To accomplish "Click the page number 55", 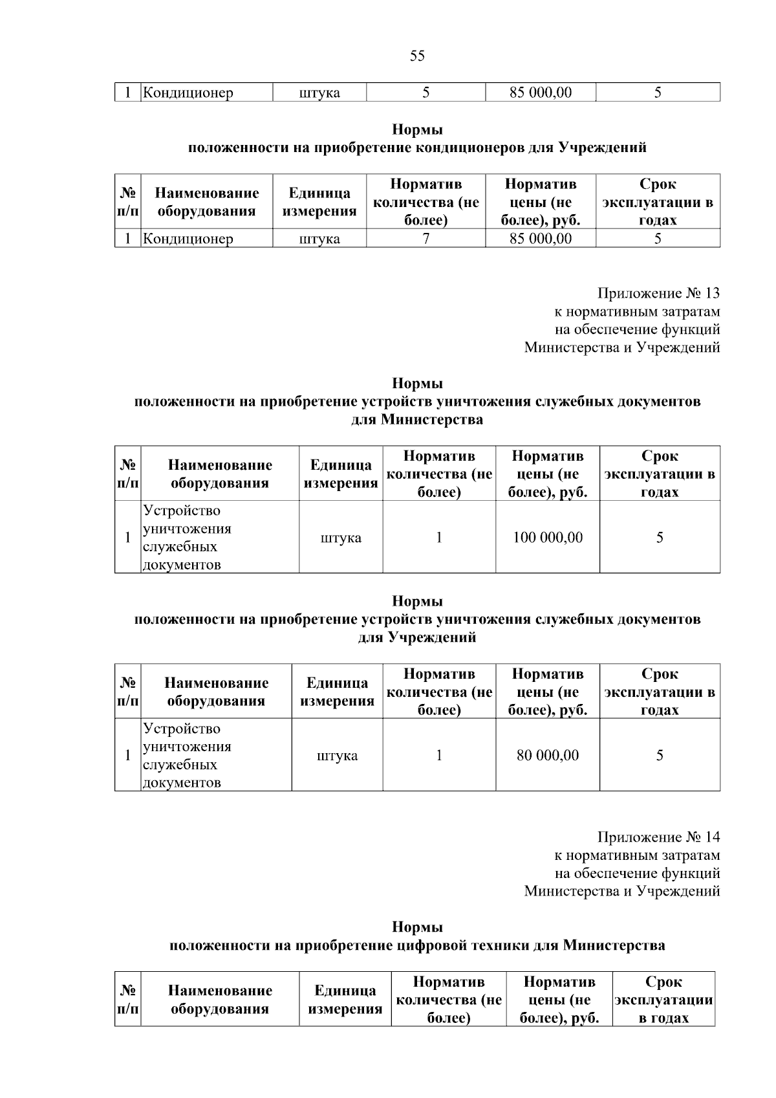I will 417,56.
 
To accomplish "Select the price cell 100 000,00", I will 548,538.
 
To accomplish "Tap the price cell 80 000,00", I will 548,756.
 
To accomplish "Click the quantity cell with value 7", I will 426,239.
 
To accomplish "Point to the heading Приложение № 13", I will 658,294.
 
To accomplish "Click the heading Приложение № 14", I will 658,837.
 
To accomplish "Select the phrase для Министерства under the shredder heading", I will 417,420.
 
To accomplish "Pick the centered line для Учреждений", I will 417,638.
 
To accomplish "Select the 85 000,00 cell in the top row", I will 541,93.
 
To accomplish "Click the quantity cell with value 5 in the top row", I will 426,93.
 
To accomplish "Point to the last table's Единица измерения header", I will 345,1000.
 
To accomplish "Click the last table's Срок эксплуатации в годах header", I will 663,1000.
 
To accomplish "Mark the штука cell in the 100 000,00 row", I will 341,538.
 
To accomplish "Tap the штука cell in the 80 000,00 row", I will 337,756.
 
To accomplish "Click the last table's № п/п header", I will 128,1000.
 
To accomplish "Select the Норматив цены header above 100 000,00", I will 548,474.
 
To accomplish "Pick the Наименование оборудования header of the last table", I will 220,1000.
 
